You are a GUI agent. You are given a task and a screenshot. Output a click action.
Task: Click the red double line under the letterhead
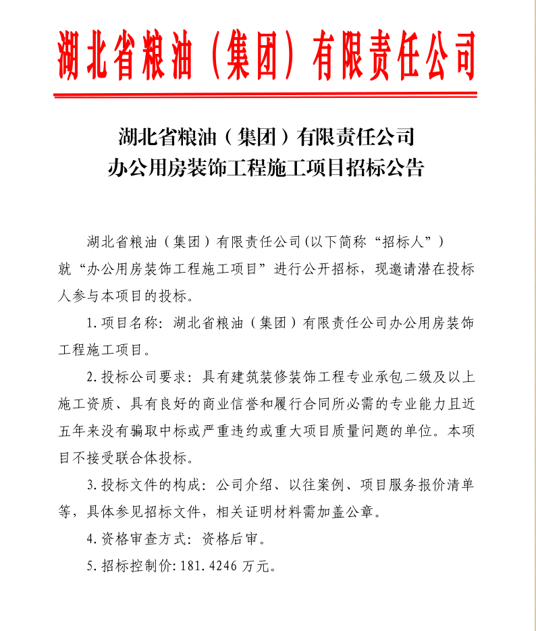(x=268, y=92)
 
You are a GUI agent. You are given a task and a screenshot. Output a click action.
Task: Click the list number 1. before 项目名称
(x=92, y=323)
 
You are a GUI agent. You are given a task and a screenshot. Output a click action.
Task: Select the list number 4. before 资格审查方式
(x=92, y=539)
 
